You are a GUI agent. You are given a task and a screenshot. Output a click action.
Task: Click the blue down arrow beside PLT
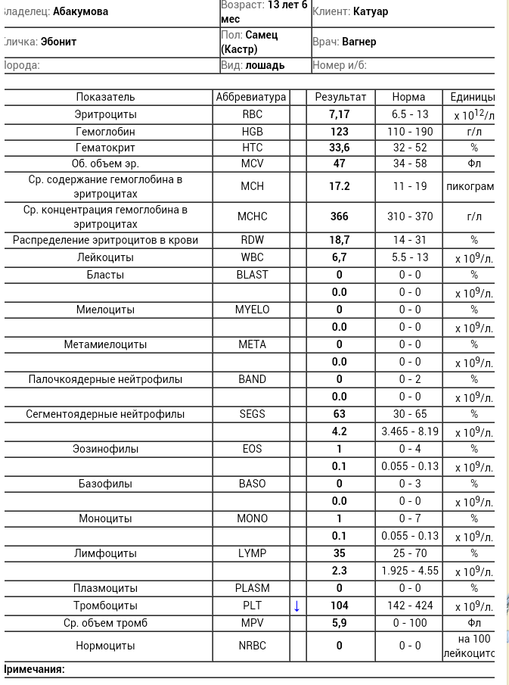(297, 606)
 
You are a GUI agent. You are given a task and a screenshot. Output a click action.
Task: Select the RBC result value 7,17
(340, 114)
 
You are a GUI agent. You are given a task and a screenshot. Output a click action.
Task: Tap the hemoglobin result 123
(340, 132)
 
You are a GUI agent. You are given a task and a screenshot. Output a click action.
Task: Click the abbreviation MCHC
(253, 216)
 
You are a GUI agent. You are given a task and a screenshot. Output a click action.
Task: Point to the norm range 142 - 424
(409, 606)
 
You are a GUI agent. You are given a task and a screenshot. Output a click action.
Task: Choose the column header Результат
(340, 97)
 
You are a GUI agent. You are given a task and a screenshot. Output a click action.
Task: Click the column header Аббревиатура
(252, 97)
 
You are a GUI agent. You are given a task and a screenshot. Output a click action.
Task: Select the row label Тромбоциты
(106, 606)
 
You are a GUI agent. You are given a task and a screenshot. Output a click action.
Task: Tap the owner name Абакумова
(80, 11)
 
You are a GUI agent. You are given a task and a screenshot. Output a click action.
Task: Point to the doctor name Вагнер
(359, 42)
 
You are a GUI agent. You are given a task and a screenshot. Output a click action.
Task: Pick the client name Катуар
(371, 11)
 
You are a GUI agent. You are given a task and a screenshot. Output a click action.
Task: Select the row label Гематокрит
(106, 147)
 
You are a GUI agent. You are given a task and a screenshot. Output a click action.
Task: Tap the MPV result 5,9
(340, 623)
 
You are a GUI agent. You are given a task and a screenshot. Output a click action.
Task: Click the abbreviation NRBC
(253, 646)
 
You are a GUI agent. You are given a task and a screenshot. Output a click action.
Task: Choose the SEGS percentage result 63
(340, 414)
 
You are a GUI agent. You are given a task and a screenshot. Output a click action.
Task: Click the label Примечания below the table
(35, 669)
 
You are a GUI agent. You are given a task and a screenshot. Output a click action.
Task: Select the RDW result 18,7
(340, 240)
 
